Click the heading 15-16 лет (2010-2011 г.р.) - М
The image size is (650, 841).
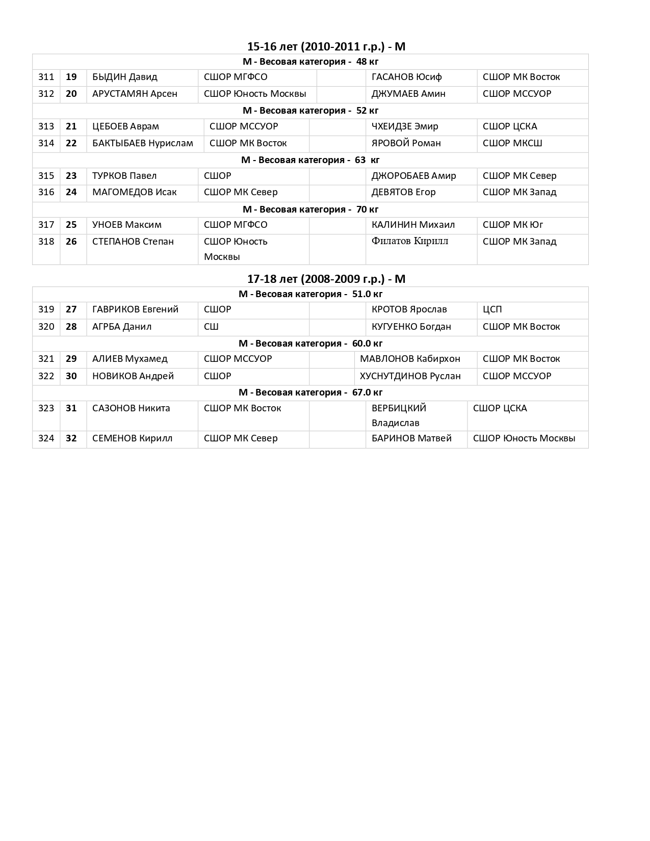point(326,46)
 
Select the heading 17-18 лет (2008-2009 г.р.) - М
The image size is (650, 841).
point(326,279)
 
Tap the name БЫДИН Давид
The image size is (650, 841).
point(124,77)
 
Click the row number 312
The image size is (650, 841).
point(46,94)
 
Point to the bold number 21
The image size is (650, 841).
point(71,126)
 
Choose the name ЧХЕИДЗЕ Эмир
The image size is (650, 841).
point(405,126)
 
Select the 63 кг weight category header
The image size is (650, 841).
point(310,160)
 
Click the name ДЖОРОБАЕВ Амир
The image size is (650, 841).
point(413,176)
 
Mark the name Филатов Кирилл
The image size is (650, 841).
point(410,241)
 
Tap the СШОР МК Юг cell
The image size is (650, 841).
point(513,225)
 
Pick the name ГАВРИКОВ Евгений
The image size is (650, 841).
point(135,309)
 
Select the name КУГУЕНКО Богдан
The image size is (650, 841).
point(411,327)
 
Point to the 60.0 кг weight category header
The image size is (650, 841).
point(310,344)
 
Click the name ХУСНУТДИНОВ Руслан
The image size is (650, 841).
point(410,376)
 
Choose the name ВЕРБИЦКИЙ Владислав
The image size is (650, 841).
point(399,415)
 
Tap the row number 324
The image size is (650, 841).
point(46,438)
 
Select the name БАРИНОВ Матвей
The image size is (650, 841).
point(411,438)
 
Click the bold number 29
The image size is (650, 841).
point(71,359)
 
